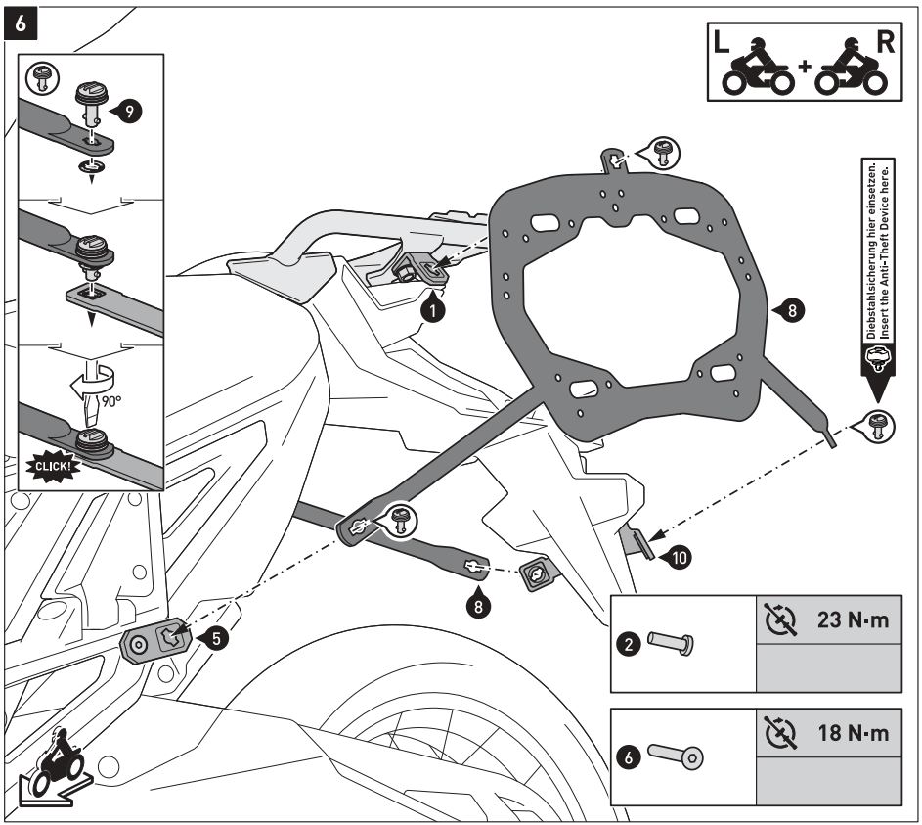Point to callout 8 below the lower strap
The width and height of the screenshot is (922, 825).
point(477,604)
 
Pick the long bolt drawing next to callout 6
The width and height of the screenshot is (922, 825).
point(675,756)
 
